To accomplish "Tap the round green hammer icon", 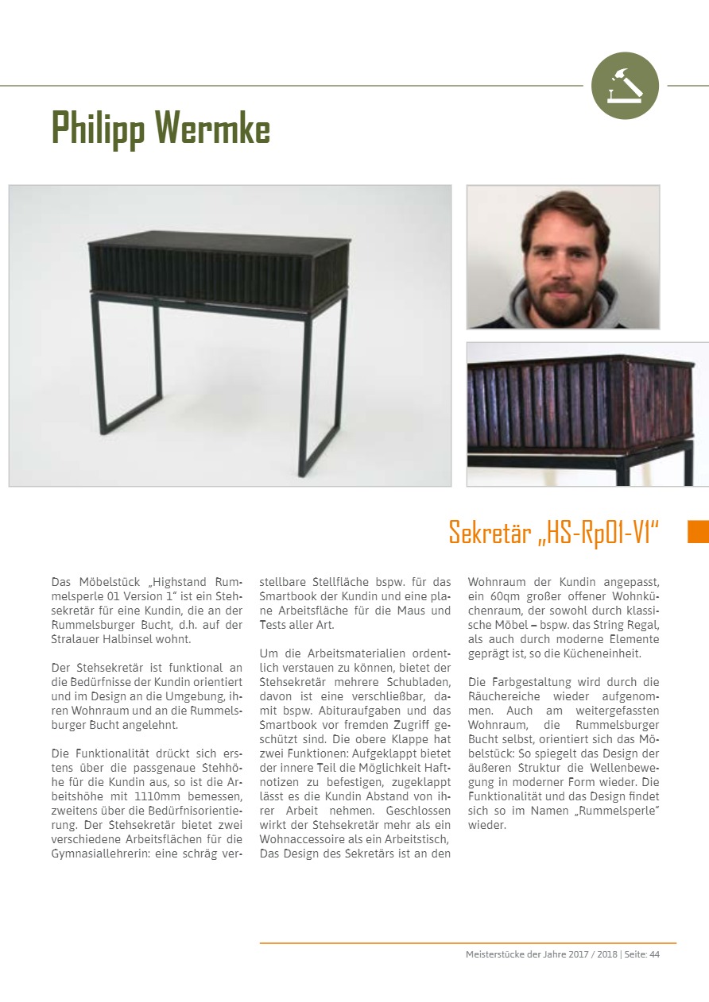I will [625, 86].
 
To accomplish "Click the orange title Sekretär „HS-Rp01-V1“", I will [554, 532].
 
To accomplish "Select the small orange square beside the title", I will [697, 531].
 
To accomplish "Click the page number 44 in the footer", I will [654, 954].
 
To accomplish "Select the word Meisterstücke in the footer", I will [494, 954].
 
